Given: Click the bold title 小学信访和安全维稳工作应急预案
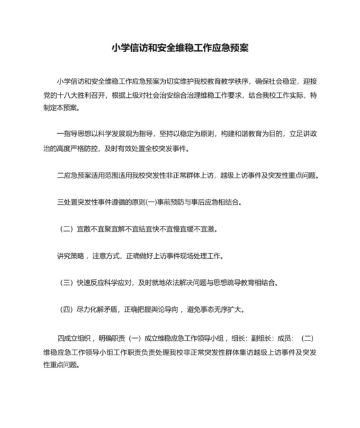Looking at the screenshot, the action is (x=180, y=48).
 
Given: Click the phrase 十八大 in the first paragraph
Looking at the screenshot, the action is (x=69, y=95).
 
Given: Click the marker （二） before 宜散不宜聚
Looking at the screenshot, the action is (x=66, y=229).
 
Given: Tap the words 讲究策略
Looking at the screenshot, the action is (x=70, y=256).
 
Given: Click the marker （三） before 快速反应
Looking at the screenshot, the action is (x=66, y=283).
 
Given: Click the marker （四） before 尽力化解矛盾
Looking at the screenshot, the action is (x=66, y=310).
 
